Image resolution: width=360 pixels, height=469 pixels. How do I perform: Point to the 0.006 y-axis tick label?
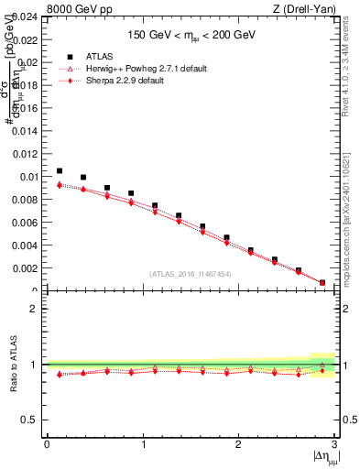[27, 223]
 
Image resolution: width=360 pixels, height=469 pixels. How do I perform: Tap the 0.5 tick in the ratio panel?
[31, 420]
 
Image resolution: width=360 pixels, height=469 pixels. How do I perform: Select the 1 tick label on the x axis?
[142, 444]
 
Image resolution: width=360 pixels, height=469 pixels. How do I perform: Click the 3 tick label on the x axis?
[334, 444]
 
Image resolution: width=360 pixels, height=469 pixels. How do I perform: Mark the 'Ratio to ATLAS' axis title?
[12, 365]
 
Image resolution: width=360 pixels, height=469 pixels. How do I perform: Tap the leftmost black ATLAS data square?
[60, 170]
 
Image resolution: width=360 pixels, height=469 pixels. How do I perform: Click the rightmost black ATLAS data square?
[322, 283]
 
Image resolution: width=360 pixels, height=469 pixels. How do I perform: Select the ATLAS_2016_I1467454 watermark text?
[190, 273]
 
